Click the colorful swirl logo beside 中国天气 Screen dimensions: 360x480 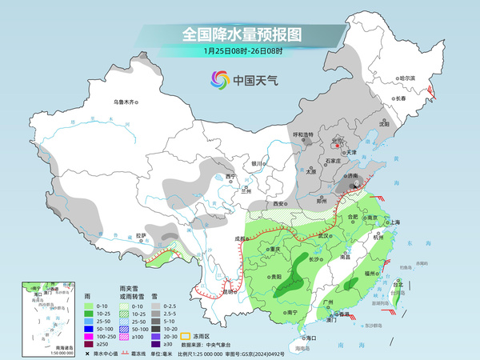click(219, 80)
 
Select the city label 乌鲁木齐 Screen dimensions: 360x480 click(126, 102)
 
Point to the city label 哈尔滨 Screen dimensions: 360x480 click(407, 78)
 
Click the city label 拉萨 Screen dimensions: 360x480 click(141, 236)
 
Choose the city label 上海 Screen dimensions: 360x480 click(394, 222)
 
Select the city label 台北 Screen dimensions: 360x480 click(398, 283)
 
